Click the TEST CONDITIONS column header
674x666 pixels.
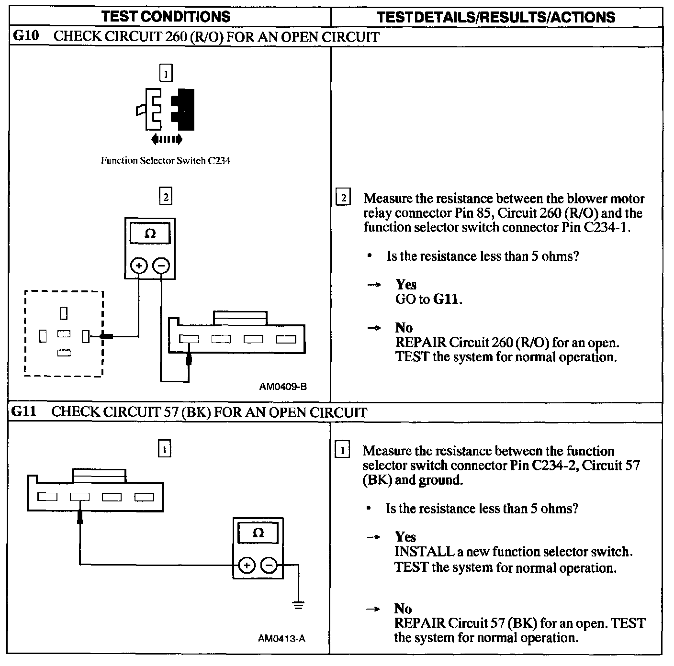pos(166,17)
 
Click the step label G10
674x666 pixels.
pos(25,36)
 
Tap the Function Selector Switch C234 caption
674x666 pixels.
pos(165,161)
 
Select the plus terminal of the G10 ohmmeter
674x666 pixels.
pos(139,265)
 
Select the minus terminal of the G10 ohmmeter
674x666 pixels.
pos(161,265)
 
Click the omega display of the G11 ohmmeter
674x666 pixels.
pos(258,533)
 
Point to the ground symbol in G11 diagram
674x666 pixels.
pos(298,605)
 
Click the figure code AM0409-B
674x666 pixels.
pos(283,387)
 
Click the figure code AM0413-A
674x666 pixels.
pos(281,638)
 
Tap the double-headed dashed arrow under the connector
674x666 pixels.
pos(166,139)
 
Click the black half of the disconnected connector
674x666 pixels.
pos(185,110)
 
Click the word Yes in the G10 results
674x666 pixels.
pos(406,285)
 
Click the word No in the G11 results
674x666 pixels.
pos(403,609)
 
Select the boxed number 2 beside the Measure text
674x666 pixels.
pos(343,198)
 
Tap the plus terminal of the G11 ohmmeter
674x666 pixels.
pos(247,566)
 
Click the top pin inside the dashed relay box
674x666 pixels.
pos(64,313)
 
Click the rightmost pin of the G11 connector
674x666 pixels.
pos(144,497)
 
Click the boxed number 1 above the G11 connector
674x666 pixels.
pos(164,449)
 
